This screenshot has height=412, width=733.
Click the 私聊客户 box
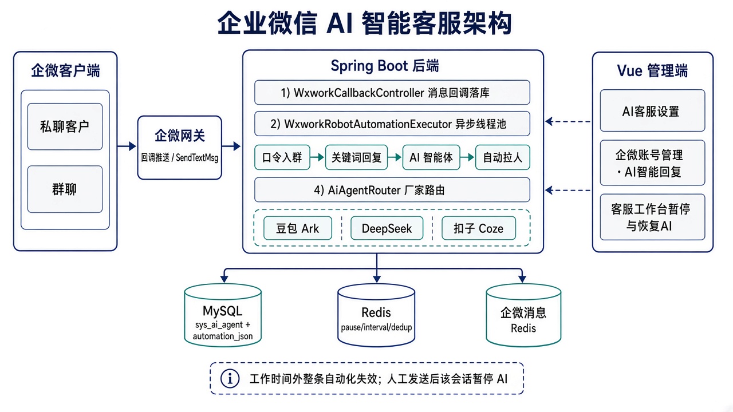[x=65, y=126]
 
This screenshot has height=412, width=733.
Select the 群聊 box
[x=65, y=189]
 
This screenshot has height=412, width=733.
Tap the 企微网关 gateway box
[x=180, y=148]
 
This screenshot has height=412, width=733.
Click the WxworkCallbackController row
[x=392, y=93]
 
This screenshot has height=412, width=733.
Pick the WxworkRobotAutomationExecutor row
[x=392, y=124]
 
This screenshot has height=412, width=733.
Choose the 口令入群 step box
[x=282, y=157]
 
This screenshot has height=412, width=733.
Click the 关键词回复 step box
[x=356, y=157]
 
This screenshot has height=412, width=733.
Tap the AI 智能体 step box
[x=431, y=157]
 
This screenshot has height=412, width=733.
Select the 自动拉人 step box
[x=503, y=157]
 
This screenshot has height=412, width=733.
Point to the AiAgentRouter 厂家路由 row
[x=392, y=189]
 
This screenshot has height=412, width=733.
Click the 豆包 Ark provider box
[x=298, y=228]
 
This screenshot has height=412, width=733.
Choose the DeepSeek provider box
[x=387, y=228]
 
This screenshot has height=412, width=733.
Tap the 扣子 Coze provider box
[x=479, y=228]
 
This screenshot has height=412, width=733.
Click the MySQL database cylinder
[x=223, y=315]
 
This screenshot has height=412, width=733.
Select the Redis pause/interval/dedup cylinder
[x=376, y=315]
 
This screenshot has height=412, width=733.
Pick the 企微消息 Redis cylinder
[x=523, y=315]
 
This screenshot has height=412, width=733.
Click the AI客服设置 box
[x=652, y=110]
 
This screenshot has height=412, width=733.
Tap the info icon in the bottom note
[x=230, y=379]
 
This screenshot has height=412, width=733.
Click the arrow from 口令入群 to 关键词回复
[x=317, y=157]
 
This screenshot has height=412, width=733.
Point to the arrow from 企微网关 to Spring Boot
[x=231, y=146]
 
